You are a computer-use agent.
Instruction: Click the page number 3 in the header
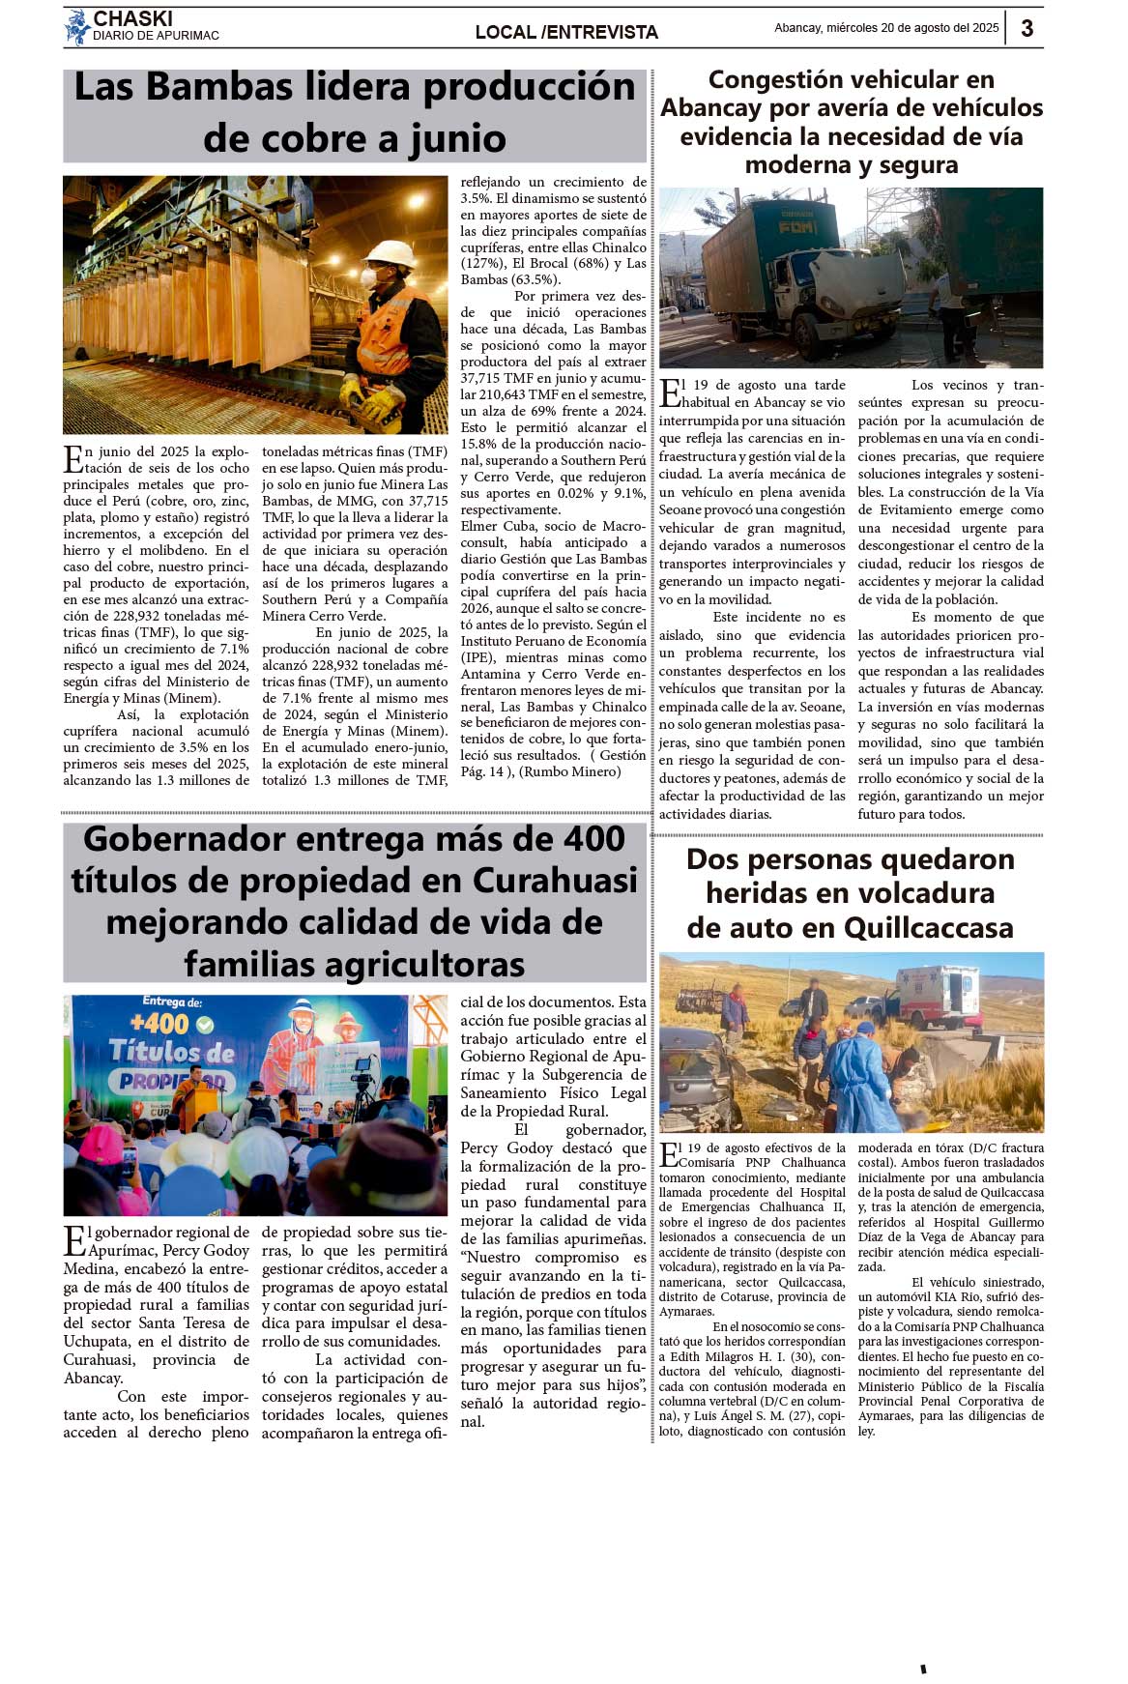pyautogui.click(x=1027, y=28)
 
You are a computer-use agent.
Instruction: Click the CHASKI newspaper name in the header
pyautogui.click(x=132, y=18)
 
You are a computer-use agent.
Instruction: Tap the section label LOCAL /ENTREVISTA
pyautogui.click(x=566, y=32)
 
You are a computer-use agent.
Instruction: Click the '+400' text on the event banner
pyautogui.click(x=159, y=1023)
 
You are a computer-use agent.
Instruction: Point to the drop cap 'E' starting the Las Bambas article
pyautogui.click(x=72, y=458)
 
